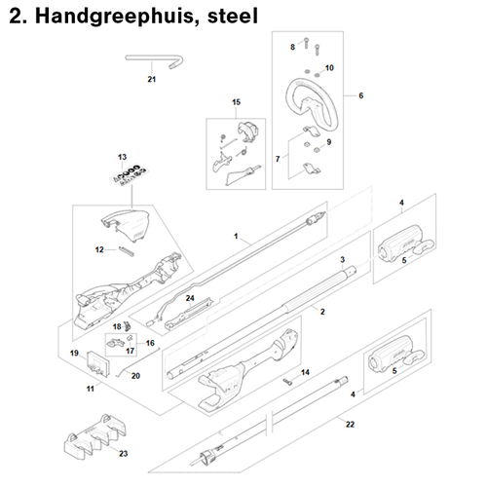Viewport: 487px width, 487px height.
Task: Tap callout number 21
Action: pos(151,80)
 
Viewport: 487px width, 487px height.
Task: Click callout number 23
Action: pos(123,454)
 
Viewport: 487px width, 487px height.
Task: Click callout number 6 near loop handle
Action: pos(360,95)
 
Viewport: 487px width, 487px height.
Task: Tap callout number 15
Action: pos(235,102)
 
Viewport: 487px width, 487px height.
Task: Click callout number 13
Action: pos(123,157)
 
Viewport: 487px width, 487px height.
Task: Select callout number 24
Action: pos(191,297)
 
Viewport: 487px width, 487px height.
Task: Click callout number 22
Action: pos(351,424)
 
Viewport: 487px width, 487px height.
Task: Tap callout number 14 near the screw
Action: pos(304,373)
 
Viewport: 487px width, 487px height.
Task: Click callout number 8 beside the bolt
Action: pos(291,48)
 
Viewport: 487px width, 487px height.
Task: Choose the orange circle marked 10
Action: pos(328,68)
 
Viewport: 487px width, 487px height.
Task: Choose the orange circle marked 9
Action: pos(328,143)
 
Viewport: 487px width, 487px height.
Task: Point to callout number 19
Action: pos(74,352)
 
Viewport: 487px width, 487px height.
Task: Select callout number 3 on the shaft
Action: pos(343,263)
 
